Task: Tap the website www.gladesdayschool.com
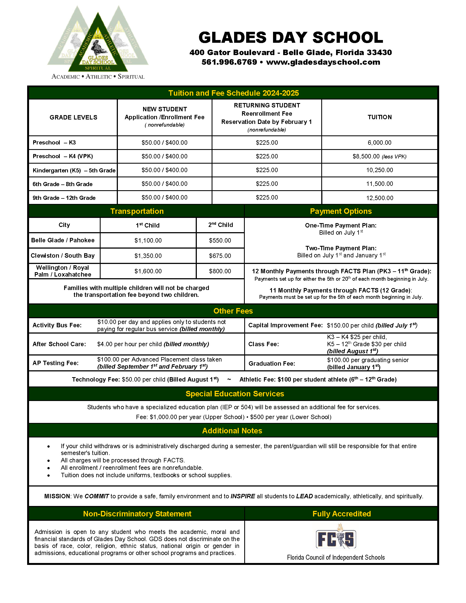(323, 62)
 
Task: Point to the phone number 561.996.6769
(229, 62)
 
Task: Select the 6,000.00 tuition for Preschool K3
(379, 143)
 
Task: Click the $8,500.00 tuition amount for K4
(366, 157)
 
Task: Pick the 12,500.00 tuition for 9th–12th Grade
(380, 198)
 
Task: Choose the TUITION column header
(380, 117)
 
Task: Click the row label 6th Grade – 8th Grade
(62, 184)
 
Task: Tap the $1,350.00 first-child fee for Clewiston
(148, 256)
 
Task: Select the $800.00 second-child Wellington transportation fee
(220, 271)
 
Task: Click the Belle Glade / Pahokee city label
(63, 240)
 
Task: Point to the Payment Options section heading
(341, 211)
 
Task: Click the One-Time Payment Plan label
(341, 225)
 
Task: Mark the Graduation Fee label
(272, 364)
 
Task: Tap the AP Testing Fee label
(55, 363)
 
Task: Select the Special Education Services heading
(235, 394)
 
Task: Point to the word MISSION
(57, 496)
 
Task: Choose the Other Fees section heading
(233, 311)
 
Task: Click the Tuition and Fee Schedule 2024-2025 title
(234, 93)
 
